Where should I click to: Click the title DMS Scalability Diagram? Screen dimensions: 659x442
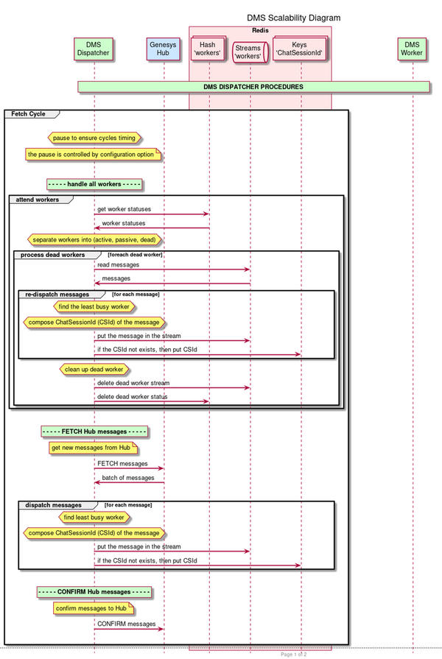(293, 18)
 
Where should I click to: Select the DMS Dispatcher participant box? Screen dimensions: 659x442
(94, 49)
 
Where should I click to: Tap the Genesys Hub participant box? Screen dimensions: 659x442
(163, 49)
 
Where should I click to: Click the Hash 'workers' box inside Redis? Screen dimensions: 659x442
(208, 49)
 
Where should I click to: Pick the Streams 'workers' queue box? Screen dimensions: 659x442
(248, 52)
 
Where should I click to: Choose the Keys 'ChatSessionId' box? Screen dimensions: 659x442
(299, 49)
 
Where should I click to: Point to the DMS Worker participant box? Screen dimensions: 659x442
(412, 49)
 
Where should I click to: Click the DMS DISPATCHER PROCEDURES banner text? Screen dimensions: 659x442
(253, 87)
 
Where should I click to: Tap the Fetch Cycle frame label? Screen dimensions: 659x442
(28, 114)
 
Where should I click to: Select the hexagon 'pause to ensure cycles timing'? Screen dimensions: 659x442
(94, 138)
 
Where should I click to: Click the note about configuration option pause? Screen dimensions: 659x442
(91, 155)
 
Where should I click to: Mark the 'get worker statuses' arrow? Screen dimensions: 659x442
(152, 214)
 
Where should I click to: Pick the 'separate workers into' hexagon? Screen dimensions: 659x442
(94, 240)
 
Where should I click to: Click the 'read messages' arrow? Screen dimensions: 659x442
(172, 269)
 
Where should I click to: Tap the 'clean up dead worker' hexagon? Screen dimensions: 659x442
(94, 370)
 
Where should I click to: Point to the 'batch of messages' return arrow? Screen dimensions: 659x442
(129, 483)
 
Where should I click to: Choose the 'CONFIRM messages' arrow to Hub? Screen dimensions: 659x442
(129, 629)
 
